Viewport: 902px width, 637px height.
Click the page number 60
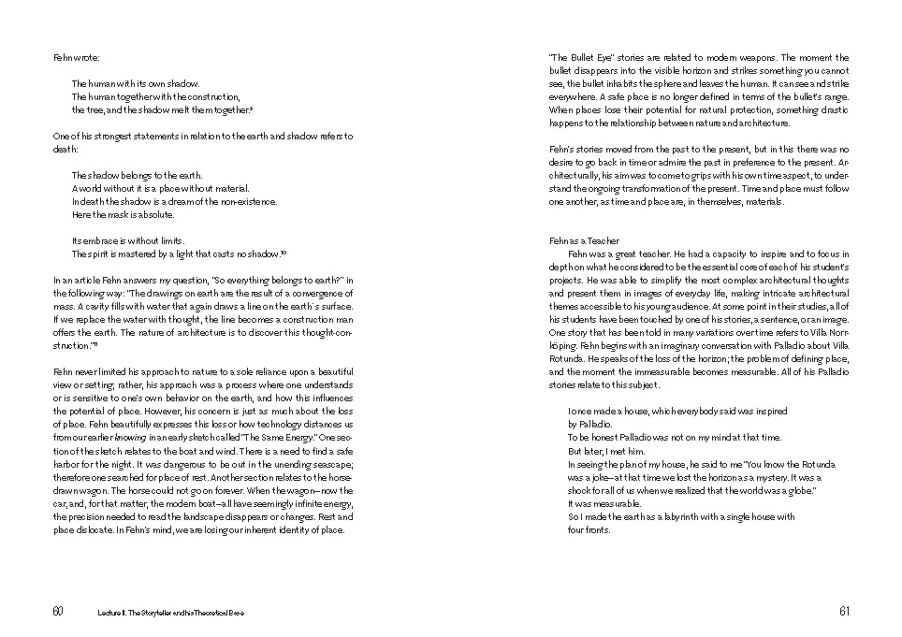pos(58,611)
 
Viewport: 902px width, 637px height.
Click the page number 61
pos(844,611)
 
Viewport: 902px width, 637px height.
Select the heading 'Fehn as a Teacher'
pos(584,240)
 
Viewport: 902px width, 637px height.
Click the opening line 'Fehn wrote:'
pos(74,57)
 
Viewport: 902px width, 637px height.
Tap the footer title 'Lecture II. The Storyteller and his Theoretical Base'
pos(171,612)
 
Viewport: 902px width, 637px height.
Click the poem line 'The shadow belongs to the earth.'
pos(137,175)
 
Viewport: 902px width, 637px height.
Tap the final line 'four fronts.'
pos(589,529)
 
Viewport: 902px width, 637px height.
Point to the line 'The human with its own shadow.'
pos(136,83)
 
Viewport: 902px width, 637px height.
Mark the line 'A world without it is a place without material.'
pos(161,188)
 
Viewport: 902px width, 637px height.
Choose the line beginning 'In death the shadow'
pos(174,201)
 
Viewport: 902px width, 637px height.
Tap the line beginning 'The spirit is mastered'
pos(178,253)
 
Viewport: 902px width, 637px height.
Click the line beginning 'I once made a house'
pos(677,411)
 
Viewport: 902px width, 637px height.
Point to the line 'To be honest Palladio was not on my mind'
pos(674,438)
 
